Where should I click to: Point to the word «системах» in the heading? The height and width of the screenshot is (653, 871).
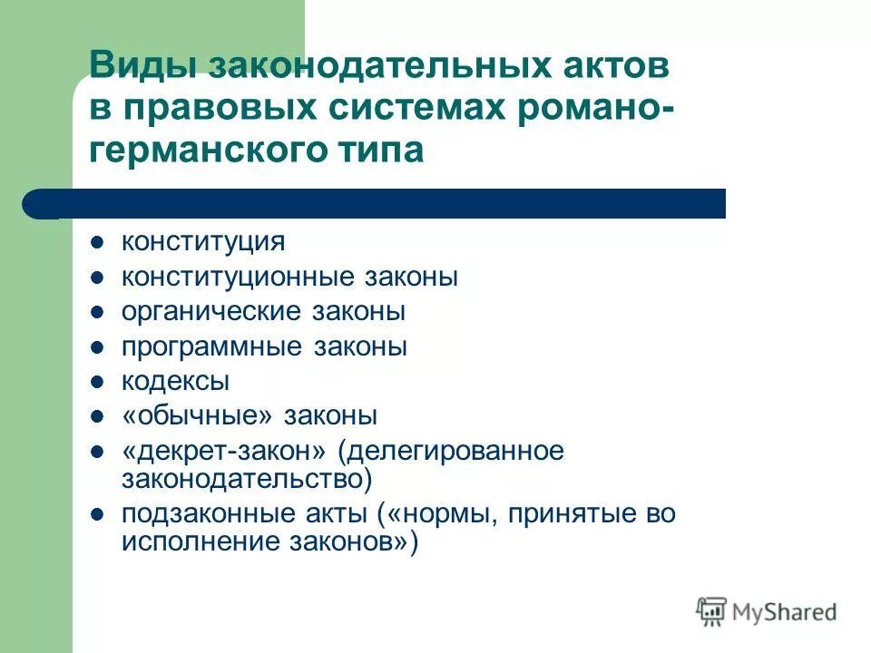coord(412,110)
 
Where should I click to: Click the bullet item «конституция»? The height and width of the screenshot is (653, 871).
coord(203,242)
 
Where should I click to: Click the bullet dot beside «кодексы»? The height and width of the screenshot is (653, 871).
coord(98,382)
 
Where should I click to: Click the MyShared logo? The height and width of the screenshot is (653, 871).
coord(767,612)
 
